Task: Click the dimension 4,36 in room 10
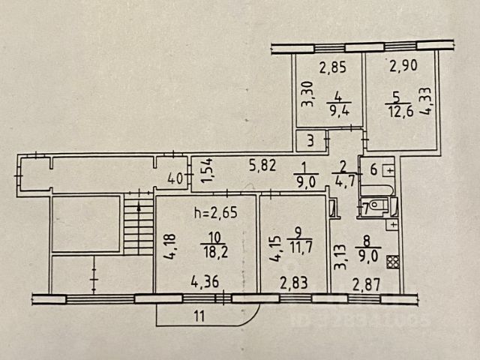[205, 283]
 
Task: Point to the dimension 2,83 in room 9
[293, 283]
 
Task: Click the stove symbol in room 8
[391, 263]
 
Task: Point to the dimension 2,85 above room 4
[333, 69]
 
